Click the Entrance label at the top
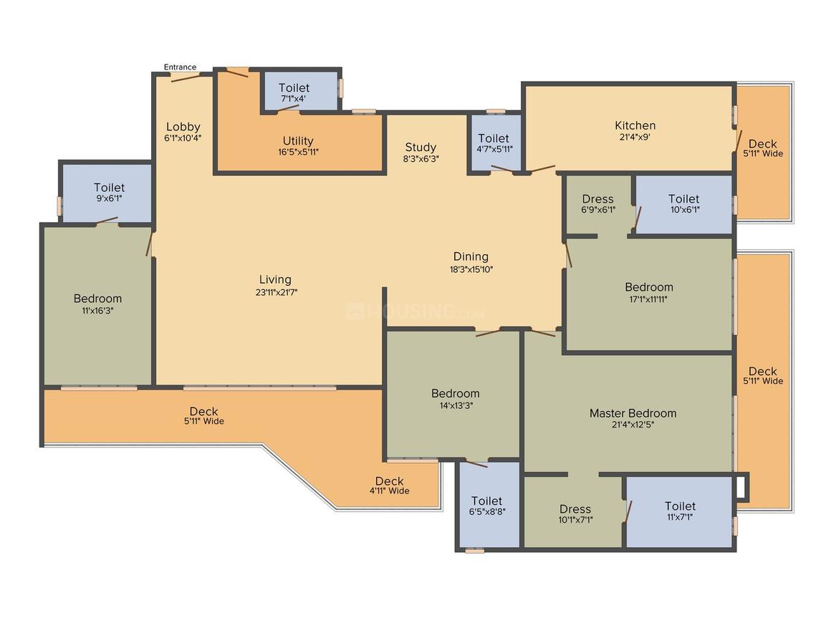[x=181, y=67]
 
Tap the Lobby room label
[x=183, y=127]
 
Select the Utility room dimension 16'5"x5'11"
[x=299, y=152]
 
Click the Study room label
[x=421, y=148]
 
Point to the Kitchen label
[x=635, y=125]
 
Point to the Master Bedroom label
[x=633, y=413]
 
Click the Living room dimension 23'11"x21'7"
[x=276, y=292]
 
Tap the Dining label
[x=471, y=257]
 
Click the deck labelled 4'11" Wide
[x=390, y=486]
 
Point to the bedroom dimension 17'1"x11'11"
[x=648, y=299]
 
